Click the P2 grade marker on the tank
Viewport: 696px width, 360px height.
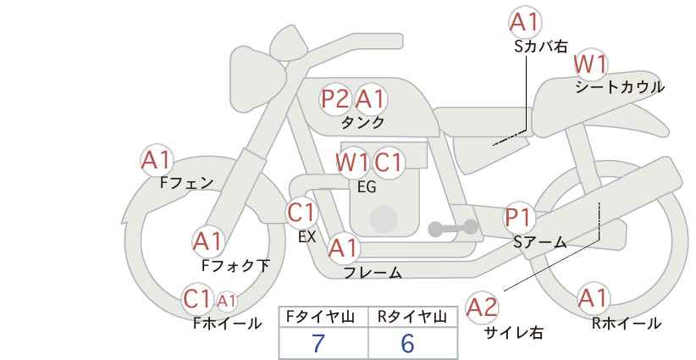click(334, 98)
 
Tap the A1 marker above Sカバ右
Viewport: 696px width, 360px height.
click(526, 22)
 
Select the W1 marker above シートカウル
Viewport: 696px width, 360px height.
click(590, 64)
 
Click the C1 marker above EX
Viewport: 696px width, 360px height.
click(301, 212)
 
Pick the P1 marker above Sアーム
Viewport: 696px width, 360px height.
click(518, 218)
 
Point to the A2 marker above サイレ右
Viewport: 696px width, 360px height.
click(483, 307)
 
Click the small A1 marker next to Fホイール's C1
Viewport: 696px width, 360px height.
click(226, 302)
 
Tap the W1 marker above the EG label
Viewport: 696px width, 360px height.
click(352, 163)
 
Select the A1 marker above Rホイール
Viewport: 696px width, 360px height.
click(593, 298)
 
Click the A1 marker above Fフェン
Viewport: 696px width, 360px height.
click(157, 160)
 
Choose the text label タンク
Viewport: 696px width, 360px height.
click(362, 122)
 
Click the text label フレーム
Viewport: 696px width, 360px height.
click(373, 272)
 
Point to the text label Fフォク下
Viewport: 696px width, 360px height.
click(235, 266)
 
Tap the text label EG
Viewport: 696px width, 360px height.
click(367, 187)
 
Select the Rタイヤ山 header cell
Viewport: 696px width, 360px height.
click(413, 317)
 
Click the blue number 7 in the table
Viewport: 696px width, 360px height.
click(318, 343)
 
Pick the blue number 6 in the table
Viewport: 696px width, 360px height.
click(407, 343)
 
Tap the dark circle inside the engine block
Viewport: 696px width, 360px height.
click(384, 219)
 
